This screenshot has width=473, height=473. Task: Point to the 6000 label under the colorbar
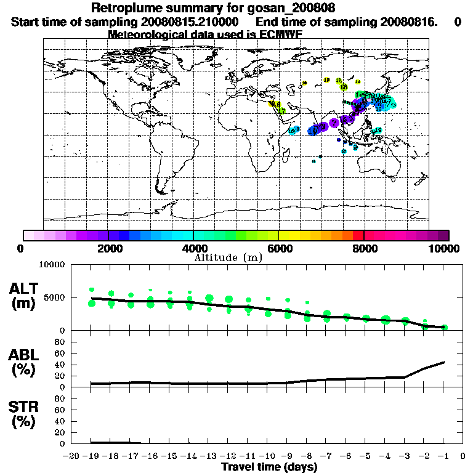pyautogui.click(x=279, y=248)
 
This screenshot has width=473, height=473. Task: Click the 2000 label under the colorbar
pyautogui.click(x=108, y=248)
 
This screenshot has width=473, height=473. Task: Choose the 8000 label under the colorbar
pyautogui.click(x=364, y=248)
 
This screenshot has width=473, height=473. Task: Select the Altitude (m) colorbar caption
pyautogui.click(x=228, y=257)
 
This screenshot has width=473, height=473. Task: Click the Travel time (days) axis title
pyautogui.click(x=269, y=467)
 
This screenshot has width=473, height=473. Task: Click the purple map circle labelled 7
pyautogui.click(x=334, y=123)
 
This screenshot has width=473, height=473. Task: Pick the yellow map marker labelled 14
pyautogui.click(x=358, y=82)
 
